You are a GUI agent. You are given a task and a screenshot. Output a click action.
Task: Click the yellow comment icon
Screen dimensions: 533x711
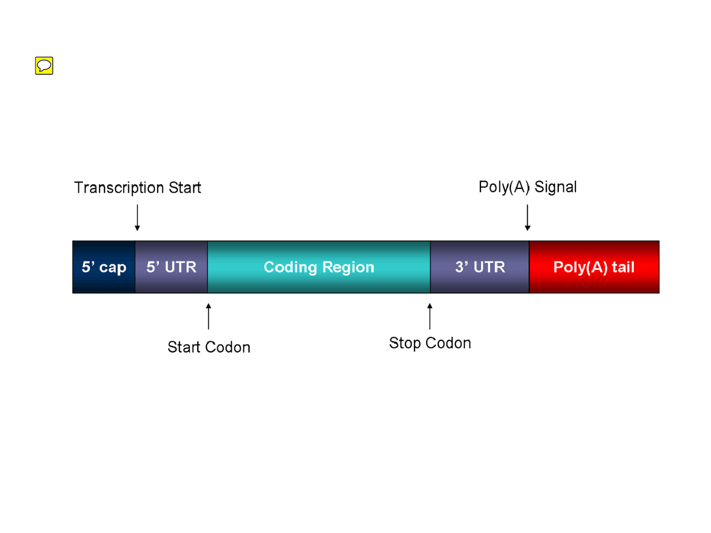pyautogui.click(x=44, y=66)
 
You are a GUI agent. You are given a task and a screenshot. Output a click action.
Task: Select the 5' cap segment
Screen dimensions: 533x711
pyautogui.click(x=104, y=267)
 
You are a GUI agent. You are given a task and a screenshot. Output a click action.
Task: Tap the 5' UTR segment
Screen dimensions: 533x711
pyautogui.click(x=171, y=267)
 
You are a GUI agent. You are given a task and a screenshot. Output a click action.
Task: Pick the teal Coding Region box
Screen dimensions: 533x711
pyautogui.click(x=319, y=267)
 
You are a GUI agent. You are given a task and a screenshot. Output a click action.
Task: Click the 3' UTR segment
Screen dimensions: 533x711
pyautogui.click(x=480, y=267)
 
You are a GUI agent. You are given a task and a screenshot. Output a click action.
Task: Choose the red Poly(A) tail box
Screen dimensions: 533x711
pyautogui.click(x=594, y=267)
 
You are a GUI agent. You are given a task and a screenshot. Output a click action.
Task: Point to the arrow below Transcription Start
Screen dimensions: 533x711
pyautogui.click(x=137, y=218)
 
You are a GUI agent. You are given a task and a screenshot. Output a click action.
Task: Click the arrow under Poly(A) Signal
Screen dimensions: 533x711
pyautogui.click(x=528, y=218)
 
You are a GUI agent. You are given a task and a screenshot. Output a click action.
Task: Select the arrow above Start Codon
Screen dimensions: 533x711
pyautogui.click(x=208, y=316)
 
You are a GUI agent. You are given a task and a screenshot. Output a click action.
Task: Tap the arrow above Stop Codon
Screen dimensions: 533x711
pyautogui.click(x=429, y=316)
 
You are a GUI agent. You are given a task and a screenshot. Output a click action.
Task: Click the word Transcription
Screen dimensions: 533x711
pyautogui.click(x=119, y=188)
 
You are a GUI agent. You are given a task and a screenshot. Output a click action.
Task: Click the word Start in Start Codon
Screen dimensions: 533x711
pyautogui.click(x=184, y=348)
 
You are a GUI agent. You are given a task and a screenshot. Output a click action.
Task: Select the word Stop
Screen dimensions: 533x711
pyautogui.click(x=404, y=344)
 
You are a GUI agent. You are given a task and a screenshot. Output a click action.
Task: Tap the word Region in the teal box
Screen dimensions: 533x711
pyautogui.click(x=348, y=268)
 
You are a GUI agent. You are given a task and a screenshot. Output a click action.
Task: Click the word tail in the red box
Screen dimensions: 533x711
pyautogui.click(x=623, y=267)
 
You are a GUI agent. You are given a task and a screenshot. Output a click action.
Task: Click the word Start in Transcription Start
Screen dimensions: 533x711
pyautogui.click(x=185, y=188)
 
